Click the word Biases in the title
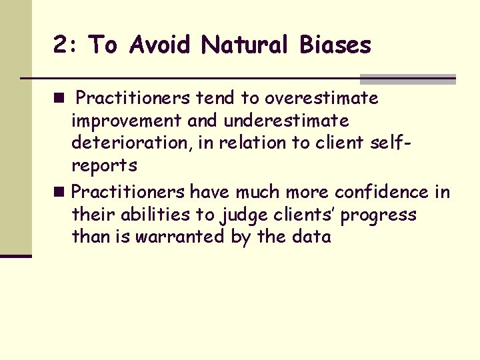[x=335, y=45]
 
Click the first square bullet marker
[x=60, y=99]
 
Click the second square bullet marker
[x=60, y=193]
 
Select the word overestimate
[x=321, y=99]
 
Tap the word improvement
[x=126, y=121]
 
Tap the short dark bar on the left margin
[x=15, y=255]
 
